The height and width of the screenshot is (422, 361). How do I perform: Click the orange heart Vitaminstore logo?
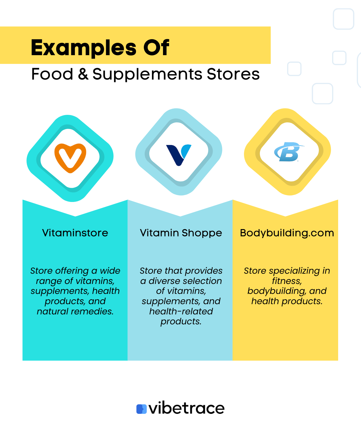[70, 158]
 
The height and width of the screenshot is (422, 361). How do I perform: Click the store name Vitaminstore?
[75, 233]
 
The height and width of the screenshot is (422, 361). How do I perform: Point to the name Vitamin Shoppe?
[181, 233]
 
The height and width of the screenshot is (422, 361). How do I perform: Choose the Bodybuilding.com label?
[287, 233]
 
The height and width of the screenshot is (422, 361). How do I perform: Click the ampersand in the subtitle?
[83, 74]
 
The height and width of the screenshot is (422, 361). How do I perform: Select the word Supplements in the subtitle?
[147, 75]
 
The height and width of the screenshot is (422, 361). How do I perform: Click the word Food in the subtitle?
[52, 74]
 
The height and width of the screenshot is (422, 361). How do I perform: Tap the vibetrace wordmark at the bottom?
[187, 408]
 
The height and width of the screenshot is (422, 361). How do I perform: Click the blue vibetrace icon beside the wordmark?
[141, 409]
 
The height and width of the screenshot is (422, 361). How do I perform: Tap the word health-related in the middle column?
[181, 311]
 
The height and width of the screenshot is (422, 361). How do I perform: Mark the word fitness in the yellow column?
[286, 281]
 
